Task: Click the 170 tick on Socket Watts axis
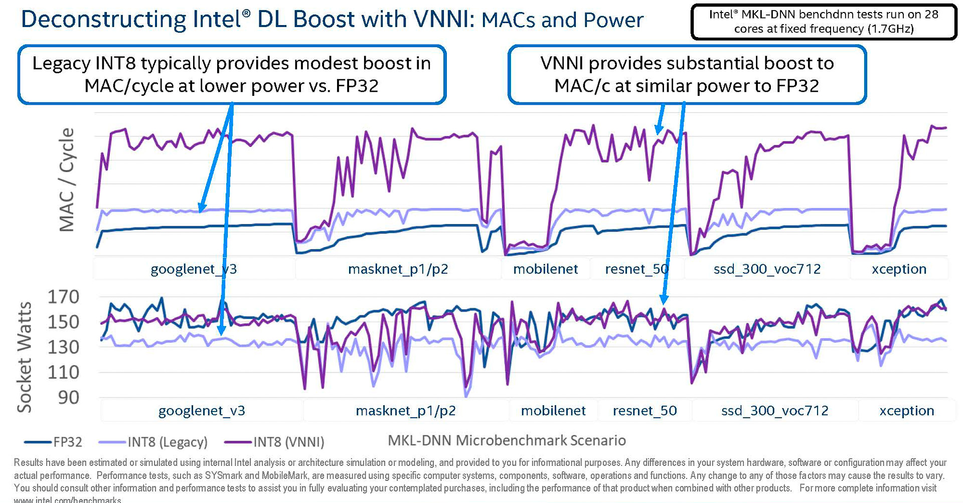[63, 297]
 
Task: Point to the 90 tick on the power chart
[69, 398]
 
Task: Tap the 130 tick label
[63, 347]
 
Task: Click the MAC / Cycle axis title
[67, 180]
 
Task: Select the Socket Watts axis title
[25, 357]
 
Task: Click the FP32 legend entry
[67, 442]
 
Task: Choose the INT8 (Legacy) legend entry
[167, 442]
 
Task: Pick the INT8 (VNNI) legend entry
[288, 442]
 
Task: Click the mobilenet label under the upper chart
[545, 269]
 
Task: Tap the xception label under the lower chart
[906, 411]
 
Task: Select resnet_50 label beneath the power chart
[645, 411]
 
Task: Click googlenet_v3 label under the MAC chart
[194, 269]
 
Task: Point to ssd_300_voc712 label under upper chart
[767, 269]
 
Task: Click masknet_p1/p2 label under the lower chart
[405, 411]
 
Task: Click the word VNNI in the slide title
[443, 20]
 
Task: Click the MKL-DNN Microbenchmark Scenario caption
[507, 440]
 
